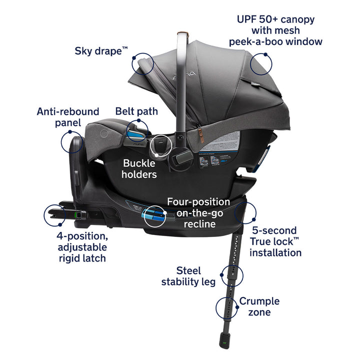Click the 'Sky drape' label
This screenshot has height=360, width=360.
tap(100, 50)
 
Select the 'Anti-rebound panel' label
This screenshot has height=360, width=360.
tap(68, 116)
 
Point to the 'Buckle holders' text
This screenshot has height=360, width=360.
tap(139, 168)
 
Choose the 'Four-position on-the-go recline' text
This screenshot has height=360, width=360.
tap(198, 212)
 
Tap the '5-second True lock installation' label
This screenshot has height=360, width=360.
tap(276, 242)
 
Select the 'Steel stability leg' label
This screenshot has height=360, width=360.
tap(188, 276)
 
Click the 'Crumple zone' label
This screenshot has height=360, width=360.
tap(259, 306)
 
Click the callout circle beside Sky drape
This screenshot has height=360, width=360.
tap(142, 63)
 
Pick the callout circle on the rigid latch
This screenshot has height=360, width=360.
tap(55, 215)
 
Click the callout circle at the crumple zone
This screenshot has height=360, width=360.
tap(227, 307)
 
